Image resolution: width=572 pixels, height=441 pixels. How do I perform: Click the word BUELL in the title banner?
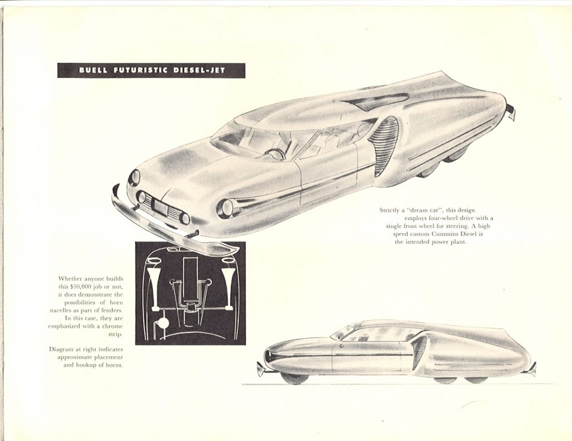tap(93, 70)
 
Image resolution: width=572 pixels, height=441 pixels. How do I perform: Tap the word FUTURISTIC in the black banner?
tap(141, 70)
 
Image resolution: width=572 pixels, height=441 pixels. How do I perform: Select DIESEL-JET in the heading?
tap(199, 70)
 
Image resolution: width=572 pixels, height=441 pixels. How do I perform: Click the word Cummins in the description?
tap(444, 234)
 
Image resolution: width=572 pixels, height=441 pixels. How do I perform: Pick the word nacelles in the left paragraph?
tap(61, 310)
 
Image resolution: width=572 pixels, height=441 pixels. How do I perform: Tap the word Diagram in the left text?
tap(60, 349)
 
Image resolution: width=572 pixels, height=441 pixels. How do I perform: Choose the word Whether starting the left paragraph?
tap(70, 279)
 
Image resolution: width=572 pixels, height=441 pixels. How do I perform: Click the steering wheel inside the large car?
tap(272, 153)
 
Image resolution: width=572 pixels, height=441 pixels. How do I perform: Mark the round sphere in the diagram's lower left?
tap(162, 323)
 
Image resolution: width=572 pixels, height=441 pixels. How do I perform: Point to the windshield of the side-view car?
tap(343, 331)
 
